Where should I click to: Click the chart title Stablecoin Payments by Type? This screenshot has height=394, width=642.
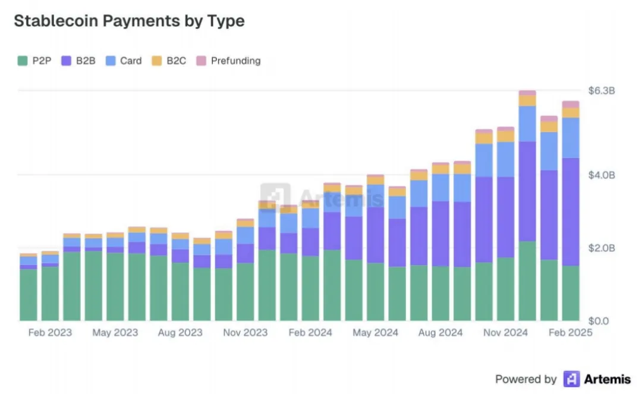(x=129, y=21)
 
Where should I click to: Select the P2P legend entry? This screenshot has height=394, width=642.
(x=35, y=61)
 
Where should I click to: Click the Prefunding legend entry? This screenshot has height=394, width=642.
(x=228, y=61)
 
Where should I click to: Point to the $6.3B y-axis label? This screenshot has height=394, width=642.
(x=601, y=91)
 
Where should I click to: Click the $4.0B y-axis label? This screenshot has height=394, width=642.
(x=601, y=175)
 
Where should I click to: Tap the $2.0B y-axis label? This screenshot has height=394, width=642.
(x=601, y=248)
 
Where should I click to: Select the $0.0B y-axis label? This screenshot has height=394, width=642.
(x=601, y=321)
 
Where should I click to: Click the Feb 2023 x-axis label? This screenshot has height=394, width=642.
(x=50, y=333)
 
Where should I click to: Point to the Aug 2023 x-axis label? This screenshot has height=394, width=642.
(x=180, y=333)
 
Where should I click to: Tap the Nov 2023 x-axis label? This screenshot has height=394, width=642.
(x=245, y=333)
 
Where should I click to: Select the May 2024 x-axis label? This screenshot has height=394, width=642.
(x=375, y=333)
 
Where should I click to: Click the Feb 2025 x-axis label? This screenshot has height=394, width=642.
(x=570, y=333)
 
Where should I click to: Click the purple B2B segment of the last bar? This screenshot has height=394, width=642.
(x=571, y=211)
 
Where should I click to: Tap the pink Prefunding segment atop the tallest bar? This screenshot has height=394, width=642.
(x=527, y=93)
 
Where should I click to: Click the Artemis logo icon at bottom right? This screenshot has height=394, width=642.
(x=571, y=379)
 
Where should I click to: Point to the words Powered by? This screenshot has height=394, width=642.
(x=525, y=379)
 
